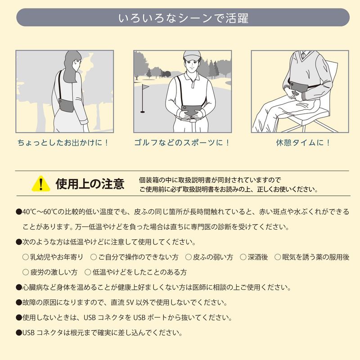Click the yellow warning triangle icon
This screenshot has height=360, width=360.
(41, 184)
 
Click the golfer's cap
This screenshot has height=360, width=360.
(192, 56)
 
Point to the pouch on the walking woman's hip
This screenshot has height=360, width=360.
(67, 105)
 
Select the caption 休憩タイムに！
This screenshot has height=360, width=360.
(303, 143)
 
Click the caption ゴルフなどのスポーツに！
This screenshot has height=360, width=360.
(182, 143)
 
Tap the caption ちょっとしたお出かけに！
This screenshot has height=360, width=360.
(63, 143)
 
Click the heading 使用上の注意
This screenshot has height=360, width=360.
(90, 184)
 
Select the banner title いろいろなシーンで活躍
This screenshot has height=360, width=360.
(183, 18)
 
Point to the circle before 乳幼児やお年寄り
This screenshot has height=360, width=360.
(26, 257)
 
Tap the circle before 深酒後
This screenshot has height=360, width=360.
(243, 257)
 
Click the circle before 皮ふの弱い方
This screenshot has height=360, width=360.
(188, 257)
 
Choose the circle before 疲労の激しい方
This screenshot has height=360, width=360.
(26, 272)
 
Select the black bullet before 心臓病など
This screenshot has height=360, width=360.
(19, 288)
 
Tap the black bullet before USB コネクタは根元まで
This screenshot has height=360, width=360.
(19, 333)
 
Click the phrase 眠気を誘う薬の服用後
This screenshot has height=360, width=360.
(316, 257)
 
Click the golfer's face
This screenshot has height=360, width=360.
(193, 65)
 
